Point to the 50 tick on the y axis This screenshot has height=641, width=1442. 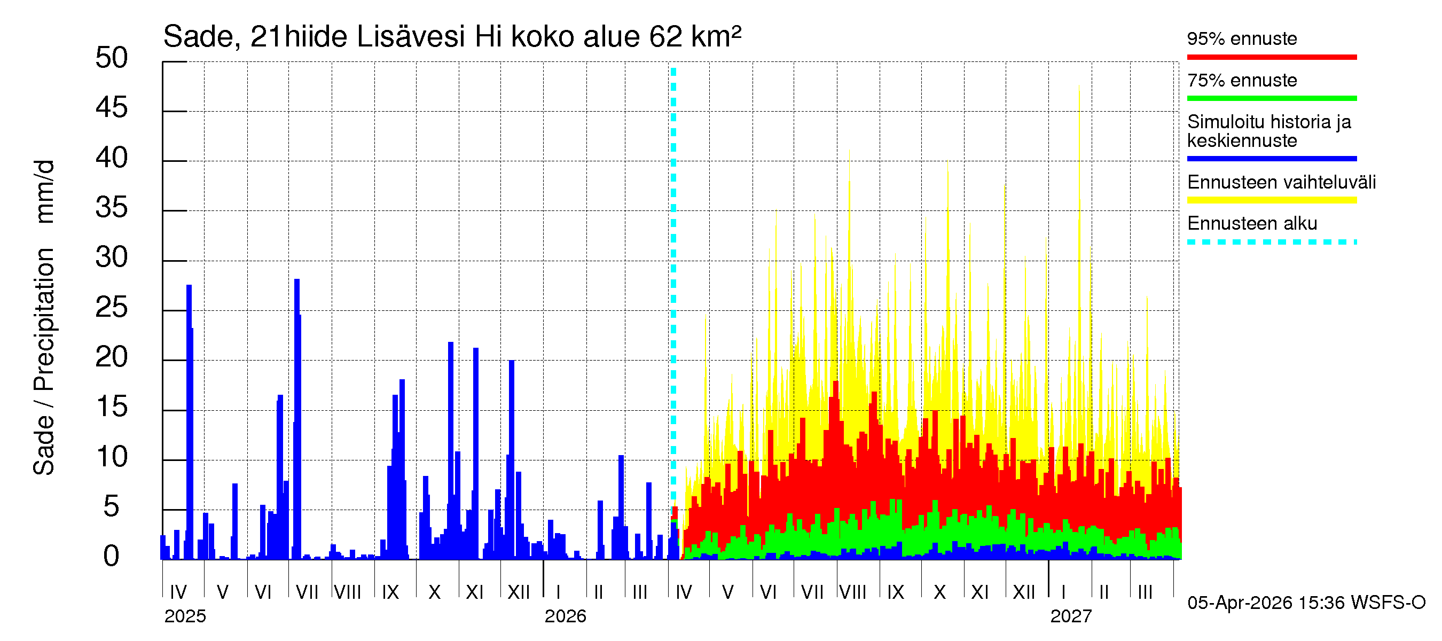click(112, 58)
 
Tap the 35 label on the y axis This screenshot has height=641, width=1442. click(112, 208)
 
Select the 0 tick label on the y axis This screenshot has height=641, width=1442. click(112, 556)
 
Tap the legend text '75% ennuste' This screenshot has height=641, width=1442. click(1241, 81)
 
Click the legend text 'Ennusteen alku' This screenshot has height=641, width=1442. click(1252, 223)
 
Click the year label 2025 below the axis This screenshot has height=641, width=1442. click(185, 616)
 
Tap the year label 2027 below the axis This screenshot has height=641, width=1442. click(1070, 616)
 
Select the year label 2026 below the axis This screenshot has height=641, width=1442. click(565, 616)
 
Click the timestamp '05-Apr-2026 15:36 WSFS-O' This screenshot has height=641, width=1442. click(1306, 603)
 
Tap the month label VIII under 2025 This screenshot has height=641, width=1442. click(348, 592)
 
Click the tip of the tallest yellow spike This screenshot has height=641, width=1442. click(1079, 86)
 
